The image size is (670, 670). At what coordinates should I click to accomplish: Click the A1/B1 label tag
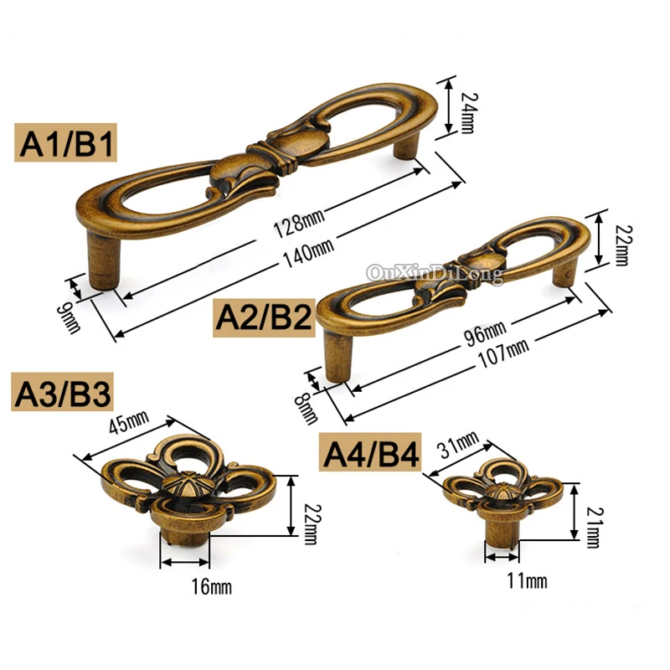(65, 142)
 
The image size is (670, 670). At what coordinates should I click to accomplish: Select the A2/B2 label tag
(264, 317)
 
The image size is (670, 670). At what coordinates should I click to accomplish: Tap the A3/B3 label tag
(62, 392)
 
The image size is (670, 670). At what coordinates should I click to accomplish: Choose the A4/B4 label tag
(370, 452)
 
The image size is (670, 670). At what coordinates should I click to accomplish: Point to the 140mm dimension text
(308, 253)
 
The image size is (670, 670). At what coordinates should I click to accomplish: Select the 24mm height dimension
(469, 113)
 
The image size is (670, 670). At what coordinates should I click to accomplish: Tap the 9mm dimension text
(69, 317)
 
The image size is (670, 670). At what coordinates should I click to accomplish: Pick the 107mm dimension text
(503, 353)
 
